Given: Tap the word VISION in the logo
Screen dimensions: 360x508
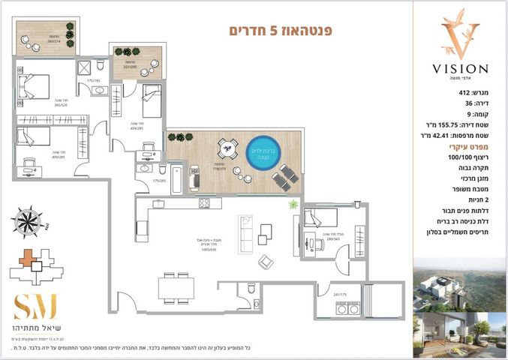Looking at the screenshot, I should point(460,68).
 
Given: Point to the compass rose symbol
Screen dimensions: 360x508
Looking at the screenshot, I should point(29,221).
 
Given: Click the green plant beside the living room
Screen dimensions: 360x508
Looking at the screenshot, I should point(293,204).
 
